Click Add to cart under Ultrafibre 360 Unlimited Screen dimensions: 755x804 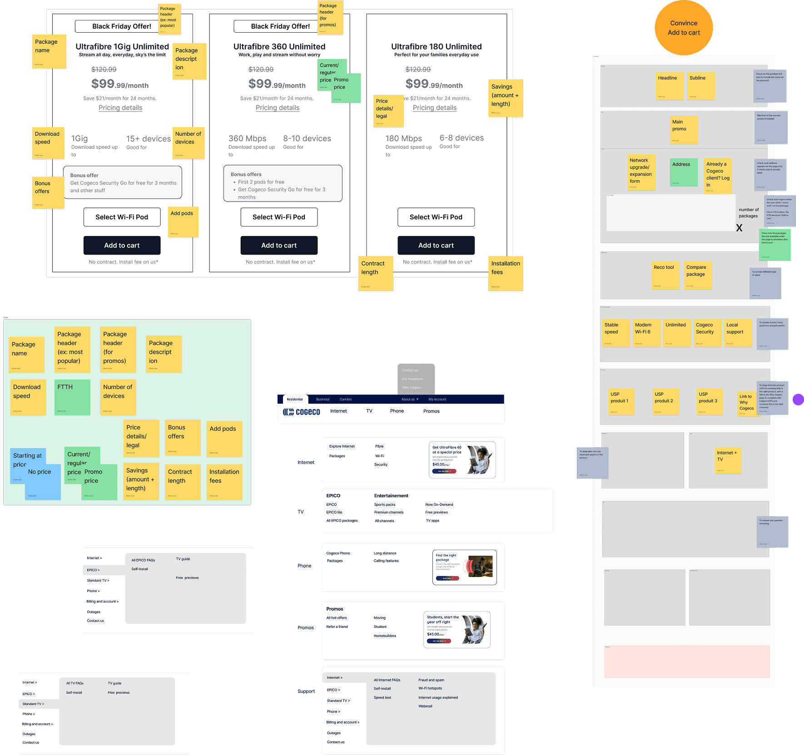pos(279,245)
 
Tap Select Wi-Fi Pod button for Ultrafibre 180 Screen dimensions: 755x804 pos(436,217)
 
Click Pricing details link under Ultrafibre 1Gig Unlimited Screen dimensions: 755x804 pos(120,108)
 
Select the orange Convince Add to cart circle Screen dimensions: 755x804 pos(684,28)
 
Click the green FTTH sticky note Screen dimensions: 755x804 pos(72,397)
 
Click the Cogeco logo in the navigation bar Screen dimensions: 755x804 pos(302,412)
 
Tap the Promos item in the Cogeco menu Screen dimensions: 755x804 pos(431,411)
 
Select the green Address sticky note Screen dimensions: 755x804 pos(684,172)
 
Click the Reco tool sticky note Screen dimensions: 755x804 pos(665,275)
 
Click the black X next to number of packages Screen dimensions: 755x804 pos(739,228)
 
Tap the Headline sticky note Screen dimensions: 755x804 pos(669,85)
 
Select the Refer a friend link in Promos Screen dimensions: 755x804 pos(337,627)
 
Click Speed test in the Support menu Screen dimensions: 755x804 pos(382,697)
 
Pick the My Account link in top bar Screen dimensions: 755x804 pos(437,400)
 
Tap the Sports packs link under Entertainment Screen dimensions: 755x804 pos(384,504)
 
